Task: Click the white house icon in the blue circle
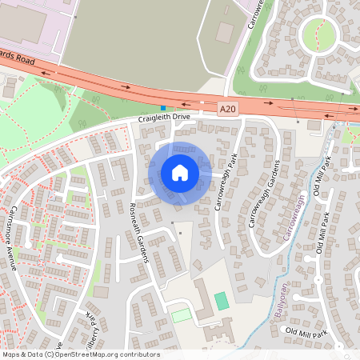pyautogui.click(x=180, y=173)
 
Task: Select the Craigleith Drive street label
pyautogui.click(x=164, y=118)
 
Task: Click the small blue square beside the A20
pyautogui.click(x=163, y=107)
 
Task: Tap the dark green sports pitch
pyautogui.click(x=221, y=301)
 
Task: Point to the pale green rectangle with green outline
pyautogui.click(x=182, y=315)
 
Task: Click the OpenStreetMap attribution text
pyautogui.click(x=80, y=354)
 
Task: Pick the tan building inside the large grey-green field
pyautogui.click(x=225, y=32)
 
